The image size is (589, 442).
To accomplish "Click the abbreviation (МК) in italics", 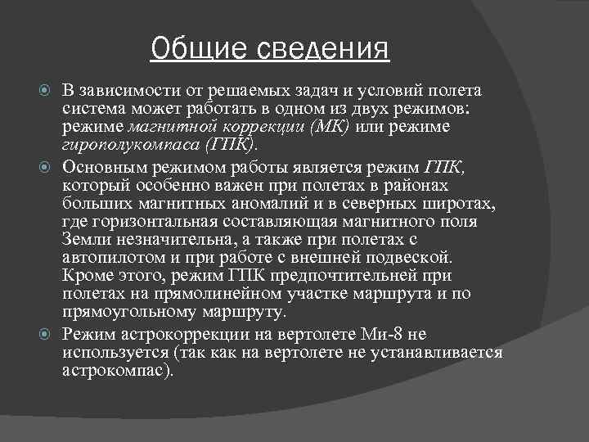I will [x=329, y=128].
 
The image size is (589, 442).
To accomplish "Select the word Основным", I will [x=97, y=167].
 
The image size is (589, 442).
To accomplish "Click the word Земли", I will [x=83, y=238].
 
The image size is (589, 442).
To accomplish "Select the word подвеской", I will [x=405, y=255].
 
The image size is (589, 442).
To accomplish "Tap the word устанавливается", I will [x=441, y=352].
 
